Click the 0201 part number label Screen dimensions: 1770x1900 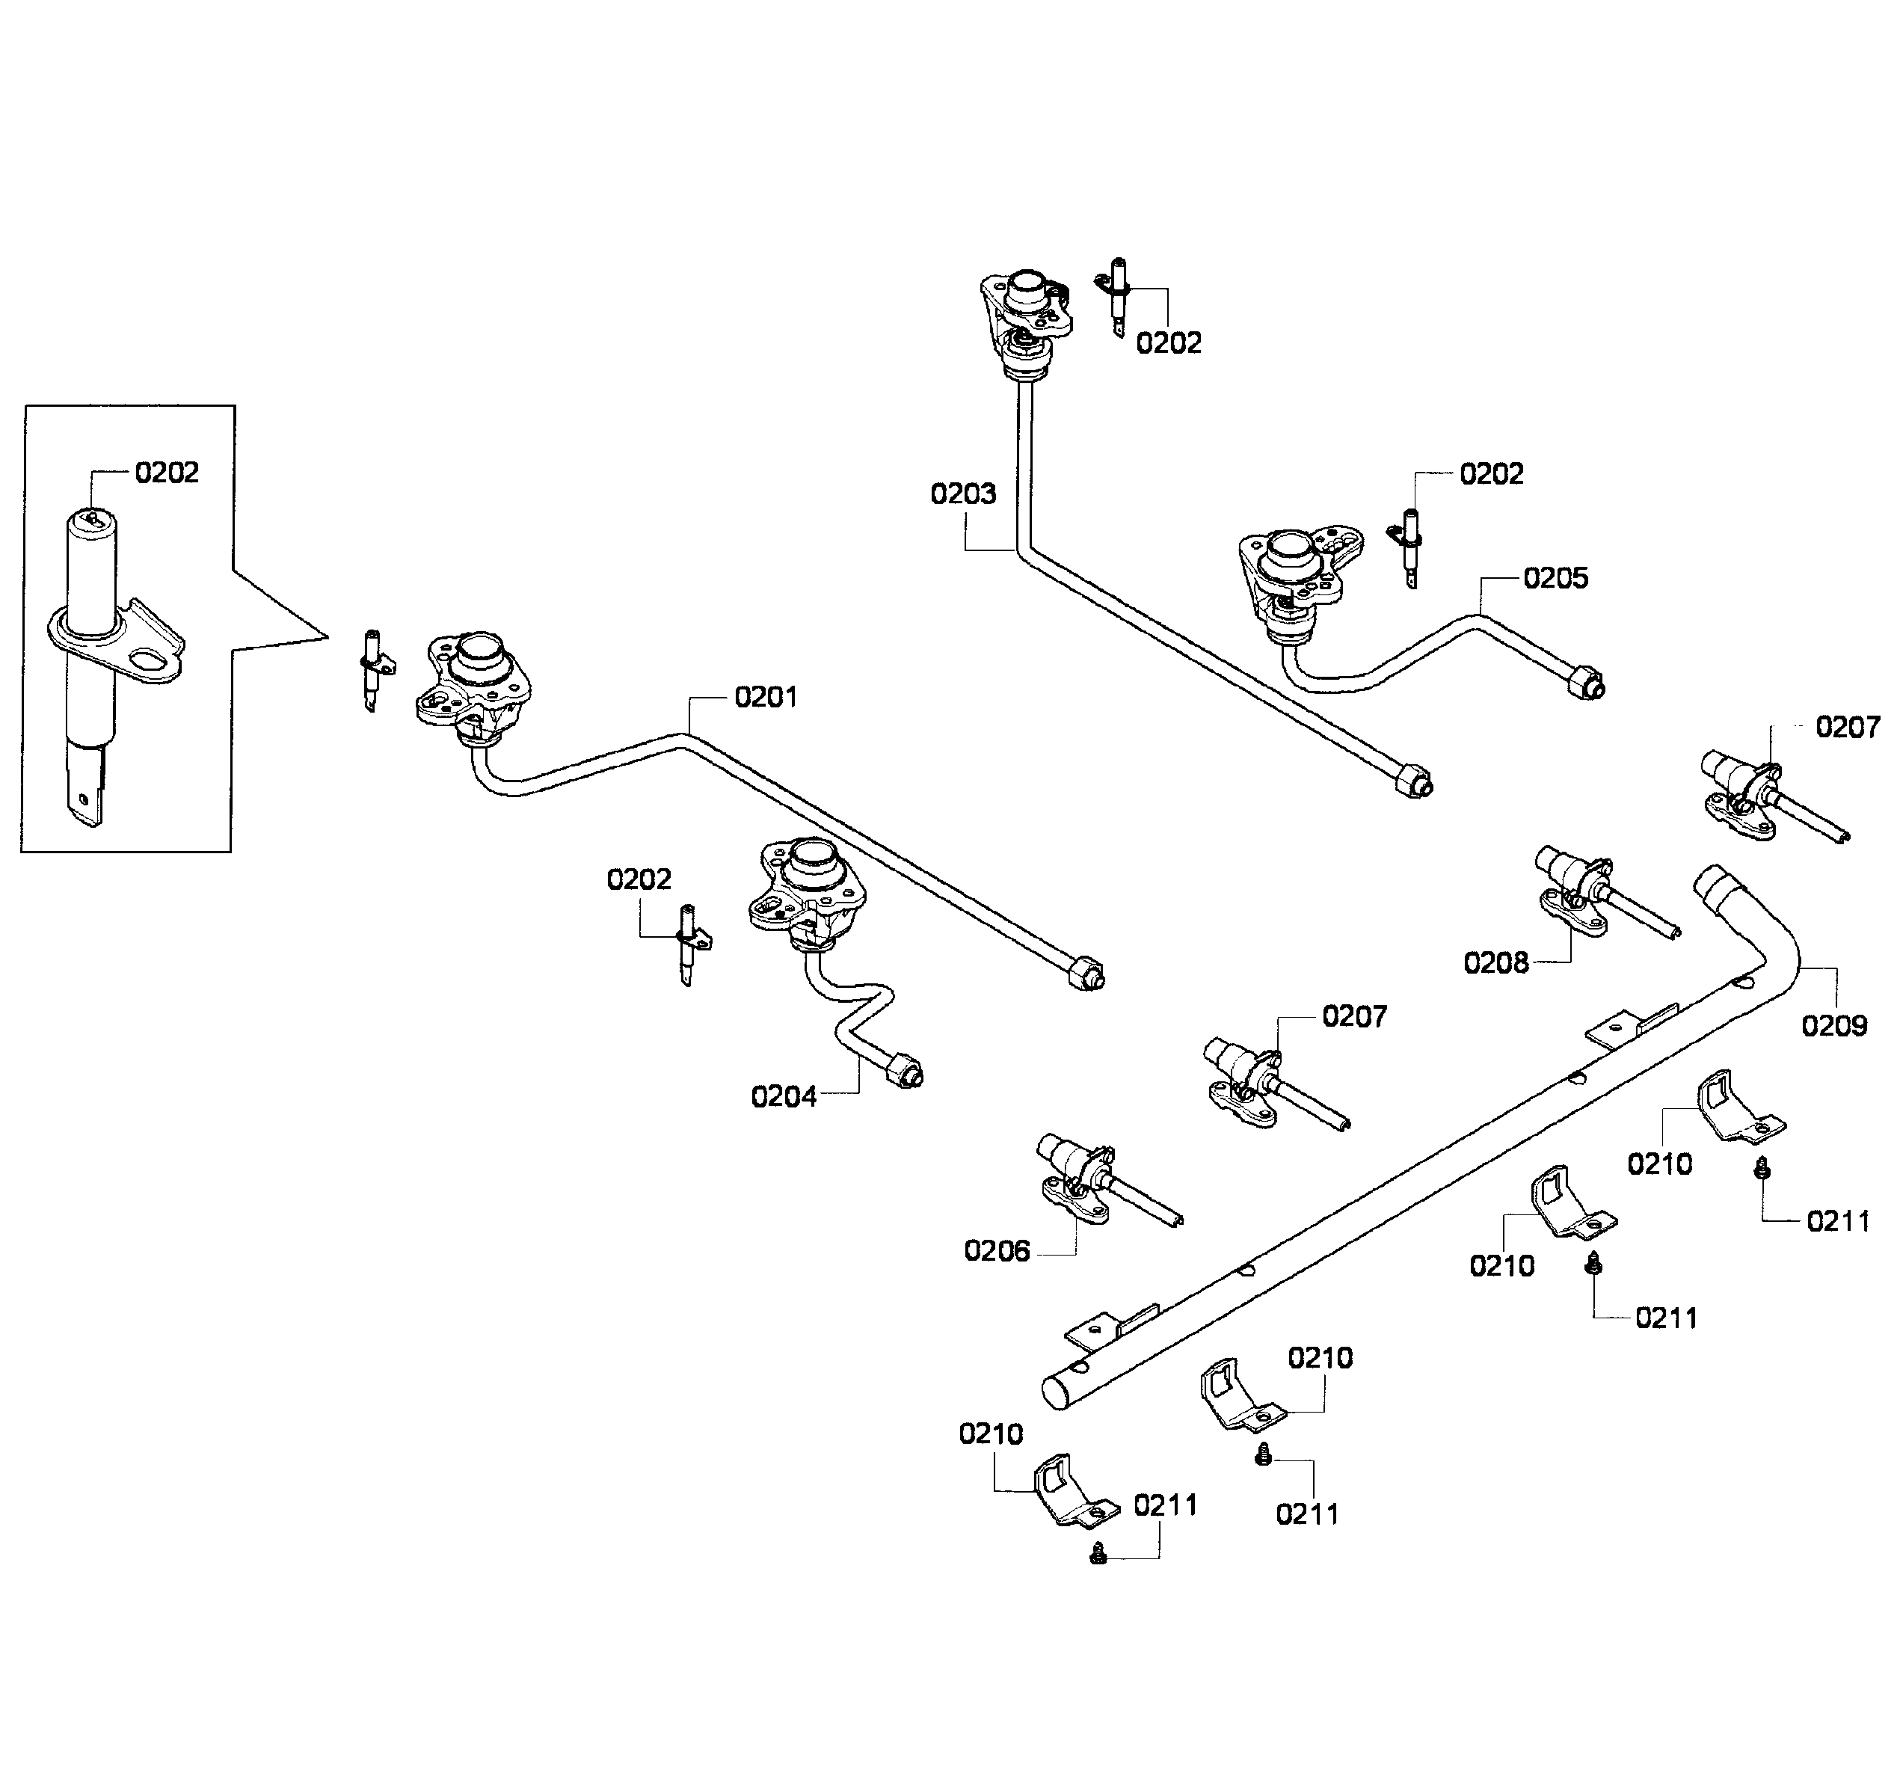pyautogui.click(x=765, y=698)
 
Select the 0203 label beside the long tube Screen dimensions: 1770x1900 pyautogui.click(x=962, y=494)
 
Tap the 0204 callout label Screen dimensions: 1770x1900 pyautogui.click(x=783, y=1097)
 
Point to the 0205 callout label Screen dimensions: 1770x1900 pyautogui.click(x=1555, y=578)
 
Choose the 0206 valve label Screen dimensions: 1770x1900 pyautogui.click(x=996, y=1251)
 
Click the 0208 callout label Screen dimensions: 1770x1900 pyautogui.click(x=1495, y=963)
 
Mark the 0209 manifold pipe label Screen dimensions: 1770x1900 pyautogui.click(x=1833, y=1027)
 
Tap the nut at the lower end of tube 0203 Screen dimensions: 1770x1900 pyautogui.click(x=1415, y=781)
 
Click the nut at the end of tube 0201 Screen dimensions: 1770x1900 pyautogui.click(x=1088, y=974)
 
